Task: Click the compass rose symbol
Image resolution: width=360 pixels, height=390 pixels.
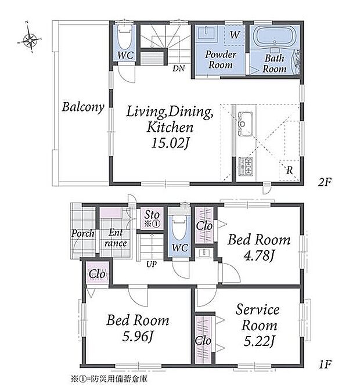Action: click(30, 39)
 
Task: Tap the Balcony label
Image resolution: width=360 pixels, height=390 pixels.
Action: click(83, 107)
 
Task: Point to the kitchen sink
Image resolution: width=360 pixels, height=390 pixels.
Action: click(245, 124)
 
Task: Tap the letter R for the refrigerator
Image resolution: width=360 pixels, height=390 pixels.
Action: click(289, 171)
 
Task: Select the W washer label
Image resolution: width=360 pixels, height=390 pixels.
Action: click(235, 35)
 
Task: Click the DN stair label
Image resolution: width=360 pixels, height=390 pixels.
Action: click(179, 68)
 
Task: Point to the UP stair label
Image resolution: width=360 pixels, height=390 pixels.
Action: click(152, 264)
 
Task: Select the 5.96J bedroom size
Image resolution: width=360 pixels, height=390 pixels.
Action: click(138, 336)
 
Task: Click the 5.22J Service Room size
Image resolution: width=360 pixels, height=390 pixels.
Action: click(259, 341)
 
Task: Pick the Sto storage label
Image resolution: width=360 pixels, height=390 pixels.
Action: click(152, 214)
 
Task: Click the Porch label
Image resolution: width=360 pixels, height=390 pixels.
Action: click(83, 233)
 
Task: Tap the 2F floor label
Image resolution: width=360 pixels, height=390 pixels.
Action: click(325, 183)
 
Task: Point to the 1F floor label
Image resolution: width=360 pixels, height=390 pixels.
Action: click(325, 364)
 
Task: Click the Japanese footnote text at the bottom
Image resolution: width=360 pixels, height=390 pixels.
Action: click(109, 379)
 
